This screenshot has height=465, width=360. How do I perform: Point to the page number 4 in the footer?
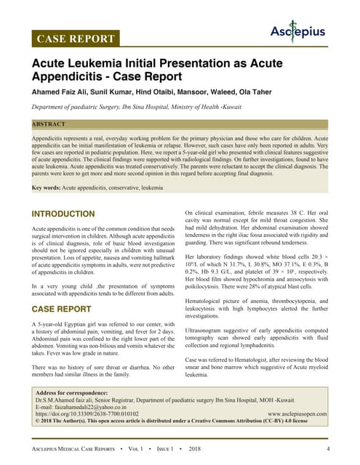coord(328,448)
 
